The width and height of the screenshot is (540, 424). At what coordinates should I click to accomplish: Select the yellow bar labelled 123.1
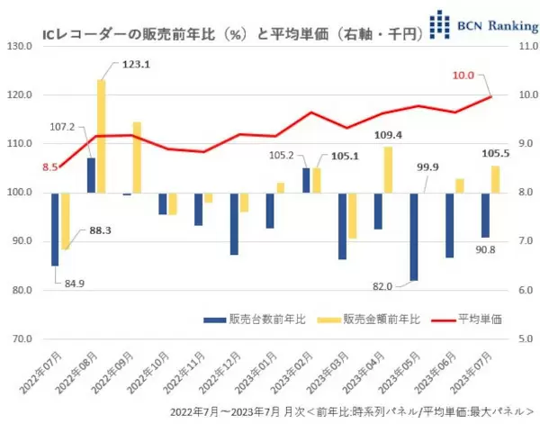[x=101, y=135]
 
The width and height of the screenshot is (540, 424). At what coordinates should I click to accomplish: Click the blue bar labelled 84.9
[x=55, y=229]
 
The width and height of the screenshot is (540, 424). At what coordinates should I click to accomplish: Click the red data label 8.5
[x=25, y=167]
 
